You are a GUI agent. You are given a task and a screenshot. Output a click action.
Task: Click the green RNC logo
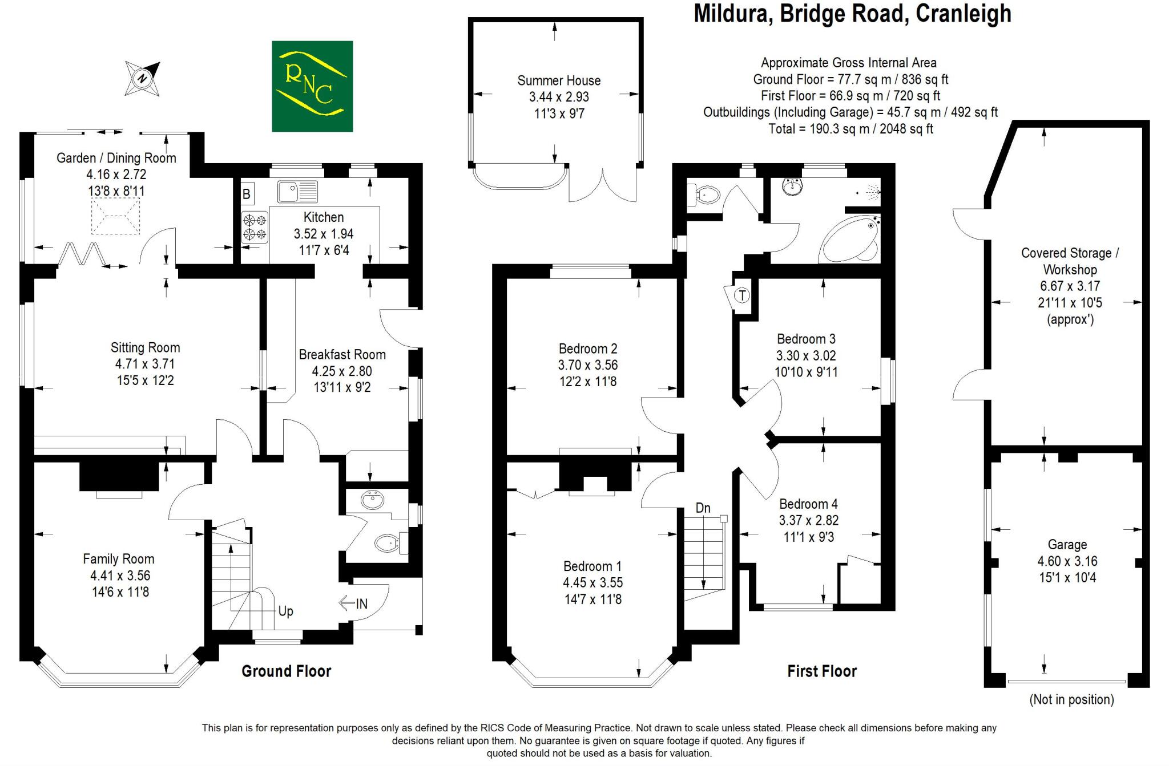tap(312, 86)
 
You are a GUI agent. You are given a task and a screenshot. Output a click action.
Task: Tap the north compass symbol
tap(143, 78)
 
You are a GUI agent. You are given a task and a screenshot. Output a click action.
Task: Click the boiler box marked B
tap(247, 194)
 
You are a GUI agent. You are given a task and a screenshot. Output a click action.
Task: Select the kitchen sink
tap(297, 192)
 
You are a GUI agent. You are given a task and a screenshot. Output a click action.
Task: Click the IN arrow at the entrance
tap(354, 603)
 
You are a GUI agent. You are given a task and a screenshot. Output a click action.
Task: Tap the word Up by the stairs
tap(285, 611)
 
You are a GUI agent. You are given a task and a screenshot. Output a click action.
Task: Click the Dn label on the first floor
tap(703, 508)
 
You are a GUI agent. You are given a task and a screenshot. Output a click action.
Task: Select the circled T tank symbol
tap(741, 295)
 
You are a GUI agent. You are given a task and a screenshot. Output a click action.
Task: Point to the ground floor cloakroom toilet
tap(388, 543)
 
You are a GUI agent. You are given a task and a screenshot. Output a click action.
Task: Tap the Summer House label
tap(558, 80)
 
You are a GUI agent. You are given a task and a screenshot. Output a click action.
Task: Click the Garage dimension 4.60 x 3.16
tap(1067, 561)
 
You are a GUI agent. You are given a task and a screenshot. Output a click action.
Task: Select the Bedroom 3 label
tap(805, 339)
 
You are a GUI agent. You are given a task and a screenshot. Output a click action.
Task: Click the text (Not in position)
tap(1071, 699)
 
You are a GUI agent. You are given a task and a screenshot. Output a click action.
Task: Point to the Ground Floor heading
tap(286, 671)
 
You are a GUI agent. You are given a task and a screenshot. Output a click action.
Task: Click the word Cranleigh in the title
tap(963, 14)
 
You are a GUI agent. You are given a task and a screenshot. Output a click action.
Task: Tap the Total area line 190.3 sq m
tap(850, 129)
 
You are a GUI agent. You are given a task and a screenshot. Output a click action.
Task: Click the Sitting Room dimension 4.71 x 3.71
tap(145, 364)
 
